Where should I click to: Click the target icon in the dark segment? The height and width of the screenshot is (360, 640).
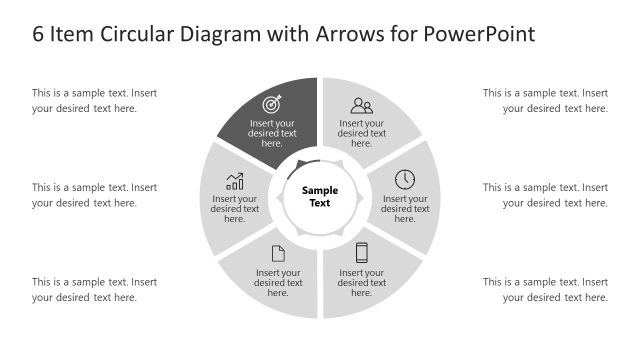coord(272,104)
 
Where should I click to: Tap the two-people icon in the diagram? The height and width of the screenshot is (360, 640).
coord(362,104)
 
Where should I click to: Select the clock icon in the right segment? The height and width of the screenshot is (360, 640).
coord(405,179)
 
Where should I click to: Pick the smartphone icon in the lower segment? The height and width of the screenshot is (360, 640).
coord(362,253)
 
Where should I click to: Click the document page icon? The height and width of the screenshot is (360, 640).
coord(278,254)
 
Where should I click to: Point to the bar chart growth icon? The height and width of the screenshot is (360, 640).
coord(235,181)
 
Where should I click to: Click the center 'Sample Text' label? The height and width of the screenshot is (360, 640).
coord(320,196)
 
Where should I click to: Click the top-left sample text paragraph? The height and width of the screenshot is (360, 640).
coord(94,101)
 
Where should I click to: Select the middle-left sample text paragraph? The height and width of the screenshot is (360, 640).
coord(94,195)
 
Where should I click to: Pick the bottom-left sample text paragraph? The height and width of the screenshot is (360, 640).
coord(94,289)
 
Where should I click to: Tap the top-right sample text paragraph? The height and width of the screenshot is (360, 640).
coord(545,101)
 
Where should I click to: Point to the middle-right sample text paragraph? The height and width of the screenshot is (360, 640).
coord(545,195)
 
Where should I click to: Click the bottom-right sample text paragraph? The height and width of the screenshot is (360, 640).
coord(545,289)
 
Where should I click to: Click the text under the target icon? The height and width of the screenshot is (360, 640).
coord(272,133)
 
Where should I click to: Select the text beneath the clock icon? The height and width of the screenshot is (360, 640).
coord(405,208)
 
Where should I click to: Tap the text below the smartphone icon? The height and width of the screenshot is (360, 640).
coord(362,282)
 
